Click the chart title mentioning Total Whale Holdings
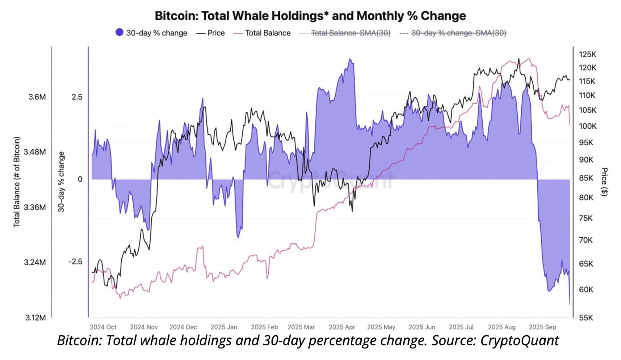point(310,16)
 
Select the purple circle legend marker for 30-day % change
point(119,33)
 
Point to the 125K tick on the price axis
point(588,54)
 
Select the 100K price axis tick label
point(588,126)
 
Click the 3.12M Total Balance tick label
point(34,318)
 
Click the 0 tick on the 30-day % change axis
point(80,179)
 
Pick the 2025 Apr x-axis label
point(342,327)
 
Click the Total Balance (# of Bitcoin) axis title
point(17,182)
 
